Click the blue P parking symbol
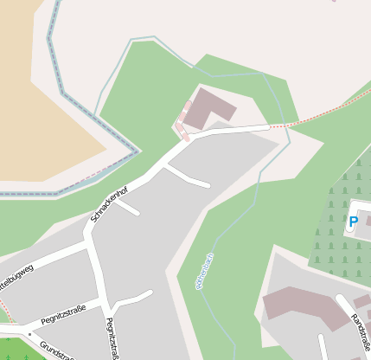pyautogui.click(x=353, y=222)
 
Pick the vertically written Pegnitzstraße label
pyautogui.click(x=112, y=338)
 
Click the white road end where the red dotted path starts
pyautogui.click(x=266, y=127)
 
